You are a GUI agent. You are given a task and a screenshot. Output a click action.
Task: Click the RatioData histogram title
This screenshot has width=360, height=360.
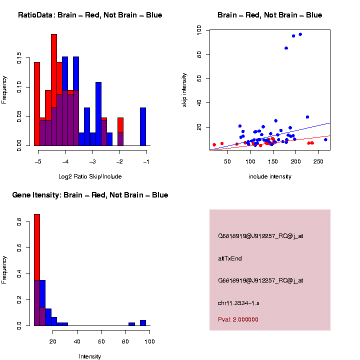(x=90, y=15)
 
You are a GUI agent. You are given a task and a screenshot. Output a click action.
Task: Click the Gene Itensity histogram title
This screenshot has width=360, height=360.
(x=90, y=195)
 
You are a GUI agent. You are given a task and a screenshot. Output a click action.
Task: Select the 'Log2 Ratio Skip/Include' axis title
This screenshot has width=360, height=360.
(x=90, y=176)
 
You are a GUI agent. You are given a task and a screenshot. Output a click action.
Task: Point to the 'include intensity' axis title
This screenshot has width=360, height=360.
(x=270, y=176)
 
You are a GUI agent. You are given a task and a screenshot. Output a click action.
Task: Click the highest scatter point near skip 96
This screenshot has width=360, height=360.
(x=300, y=34)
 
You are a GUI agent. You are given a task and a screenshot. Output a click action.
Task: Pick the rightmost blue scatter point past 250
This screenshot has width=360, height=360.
(x=325, y=139)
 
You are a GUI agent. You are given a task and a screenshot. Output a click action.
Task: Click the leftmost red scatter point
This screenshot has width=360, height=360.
(x=214, y=144)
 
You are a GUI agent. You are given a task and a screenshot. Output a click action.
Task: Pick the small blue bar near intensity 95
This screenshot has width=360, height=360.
(x=143, y=323)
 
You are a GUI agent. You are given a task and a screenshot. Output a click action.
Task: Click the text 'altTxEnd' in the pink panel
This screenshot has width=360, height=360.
(x=230, y=258)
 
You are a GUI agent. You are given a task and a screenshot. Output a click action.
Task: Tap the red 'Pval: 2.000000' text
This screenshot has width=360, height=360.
(x=238, y=319)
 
